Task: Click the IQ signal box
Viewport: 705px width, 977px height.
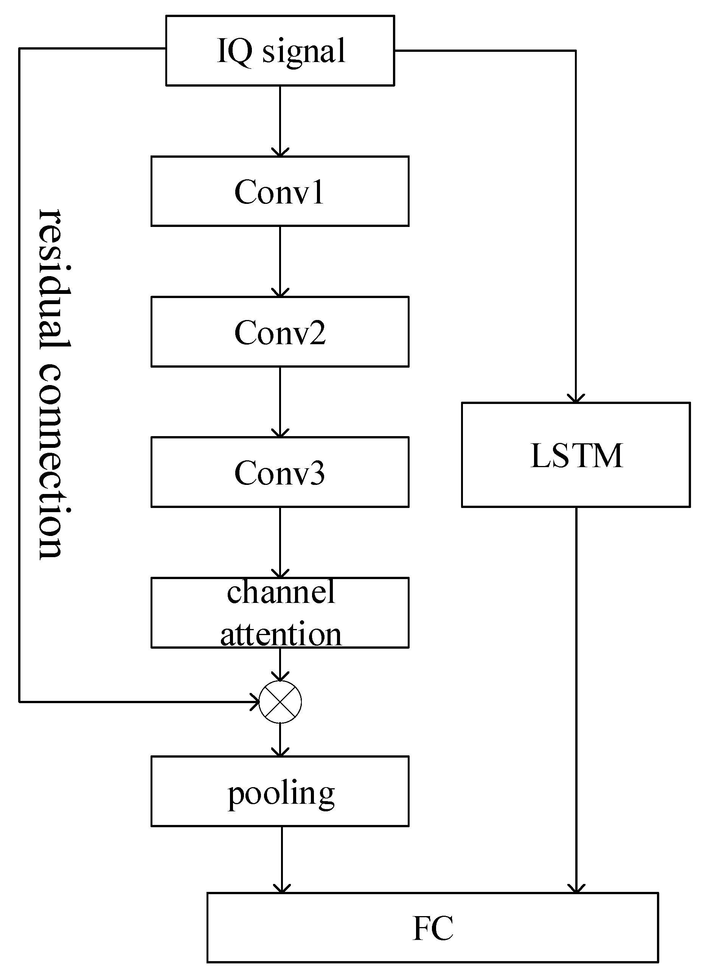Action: pos(280,50)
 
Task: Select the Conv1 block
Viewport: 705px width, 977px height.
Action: pos(280,191)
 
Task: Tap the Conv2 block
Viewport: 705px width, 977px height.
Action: pos(280,332)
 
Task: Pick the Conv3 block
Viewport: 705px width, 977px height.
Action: pos(280,472)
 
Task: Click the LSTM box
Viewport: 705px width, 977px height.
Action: pos(576,455)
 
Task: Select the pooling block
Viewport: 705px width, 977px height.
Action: pos(280,792)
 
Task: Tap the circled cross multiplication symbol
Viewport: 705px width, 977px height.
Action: pos(280,702)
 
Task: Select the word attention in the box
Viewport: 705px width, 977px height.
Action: pos(281,634)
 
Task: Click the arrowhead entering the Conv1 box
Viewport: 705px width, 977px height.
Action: pos(280,152)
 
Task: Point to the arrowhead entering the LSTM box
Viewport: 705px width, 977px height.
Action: pos(576,398)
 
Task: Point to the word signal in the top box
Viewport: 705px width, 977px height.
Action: pos(304,51)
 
